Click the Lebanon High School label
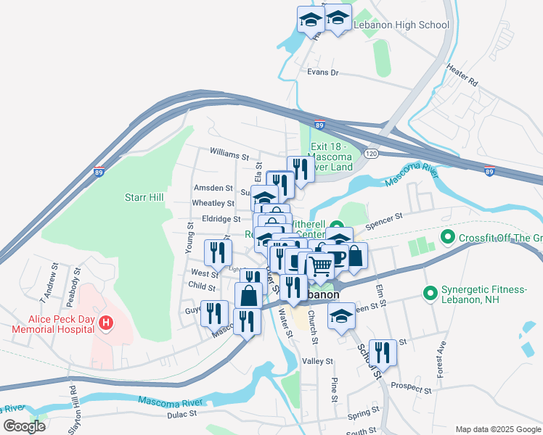(x=401, y=25)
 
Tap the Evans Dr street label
(x=323, y=72)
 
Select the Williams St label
(x=229, y=154)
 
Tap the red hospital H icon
(x=106, y=322)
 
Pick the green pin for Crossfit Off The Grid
(x=448, y=237)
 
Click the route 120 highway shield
(x=372, y=154)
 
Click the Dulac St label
(x=183, y=414)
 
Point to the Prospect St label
(x=411, y=389)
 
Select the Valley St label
(x=317, y=360)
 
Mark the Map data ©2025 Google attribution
(x=497, y=429)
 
